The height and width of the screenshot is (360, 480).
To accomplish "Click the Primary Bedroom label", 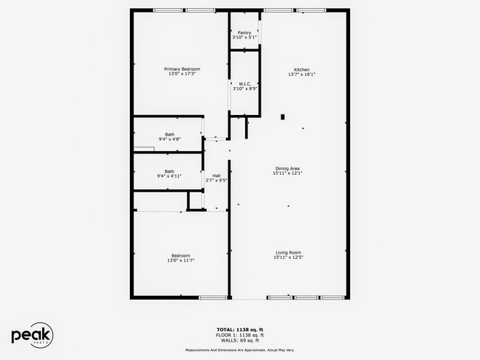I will click(182, 69).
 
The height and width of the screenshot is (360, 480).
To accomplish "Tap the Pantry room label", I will click(244, 32).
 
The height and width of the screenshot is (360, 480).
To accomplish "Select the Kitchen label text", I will click(301, 69).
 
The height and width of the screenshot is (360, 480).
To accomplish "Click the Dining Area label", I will click(288, 167).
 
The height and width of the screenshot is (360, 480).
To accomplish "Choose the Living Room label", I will click(288, 252).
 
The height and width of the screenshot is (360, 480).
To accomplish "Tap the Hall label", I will click(216, 175).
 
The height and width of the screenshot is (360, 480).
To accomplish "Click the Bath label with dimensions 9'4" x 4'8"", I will click(169, 134).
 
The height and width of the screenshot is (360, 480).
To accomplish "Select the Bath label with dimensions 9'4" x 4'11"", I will click(169, 171).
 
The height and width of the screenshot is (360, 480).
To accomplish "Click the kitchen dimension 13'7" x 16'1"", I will click(301, 74).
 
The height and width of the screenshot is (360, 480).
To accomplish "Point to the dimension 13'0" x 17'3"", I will click(182, 74).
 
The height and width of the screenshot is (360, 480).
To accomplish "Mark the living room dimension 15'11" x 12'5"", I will click(288, 257).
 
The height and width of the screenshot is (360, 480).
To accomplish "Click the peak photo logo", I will click(32, 335).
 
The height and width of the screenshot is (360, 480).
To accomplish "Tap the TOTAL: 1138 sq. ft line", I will click(239, 328).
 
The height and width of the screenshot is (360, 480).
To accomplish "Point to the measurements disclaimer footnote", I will click(239, 350).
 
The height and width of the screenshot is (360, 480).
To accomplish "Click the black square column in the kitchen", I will click(282, 116).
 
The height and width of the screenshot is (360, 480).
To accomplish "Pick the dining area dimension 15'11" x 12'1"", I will click(288, 173).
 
